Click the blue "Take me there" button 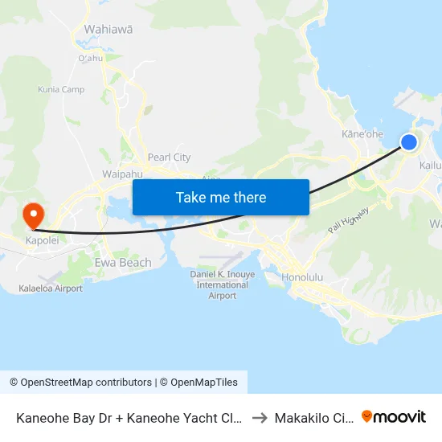221,197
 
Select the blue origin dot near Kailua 409,142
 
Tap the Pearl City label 169,158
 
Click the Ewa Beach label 123,263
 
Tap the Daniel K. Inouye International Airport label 223,284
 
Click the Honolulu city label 302,278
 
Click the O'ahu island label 90,58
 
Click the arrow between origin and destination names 260,418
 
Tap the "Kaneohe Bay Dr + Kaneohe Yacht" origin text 129,418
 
